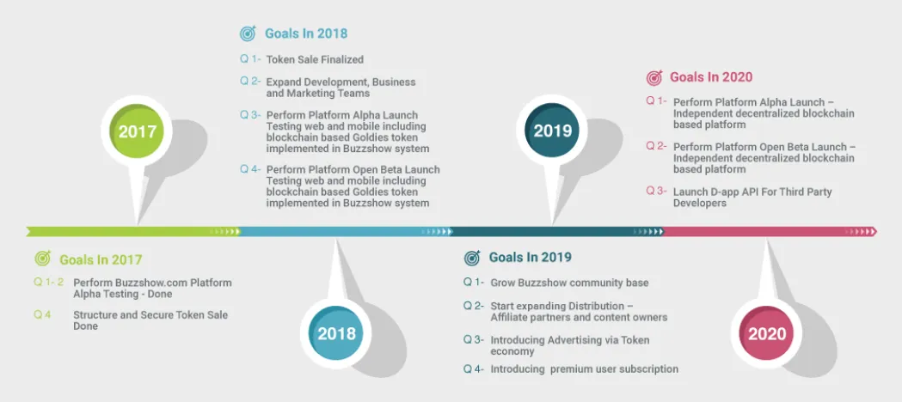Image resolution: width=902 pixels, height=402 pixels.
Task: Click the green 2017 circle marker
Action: coord(137,131)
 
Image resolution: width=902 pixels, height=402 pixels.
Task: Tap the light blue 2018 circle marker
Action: coord(336,333)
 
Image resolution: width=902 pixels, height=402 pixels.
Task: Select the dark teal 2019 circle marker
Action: coord(552,131)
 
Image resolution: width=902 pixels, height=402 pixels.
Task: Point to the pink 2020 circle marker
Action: coord(766,333)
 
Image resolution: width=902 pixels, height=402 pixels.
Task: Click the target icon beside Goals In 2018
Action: coord(248,33)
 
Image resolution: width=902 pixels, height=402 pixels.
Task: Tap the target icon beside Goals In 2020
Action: coord(654,77)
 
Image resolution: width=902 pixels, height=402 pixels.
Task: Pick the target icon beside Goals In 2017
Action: coord(43,259)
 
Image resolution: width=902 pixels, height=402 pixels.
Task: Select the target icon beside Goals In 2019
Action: coord(472,258)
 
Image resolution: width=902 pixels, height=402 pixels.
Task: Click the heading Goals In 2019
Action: coord(531,257)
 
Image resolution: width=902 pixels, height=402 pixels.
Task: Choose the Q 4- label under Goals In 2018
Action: coord(250,169)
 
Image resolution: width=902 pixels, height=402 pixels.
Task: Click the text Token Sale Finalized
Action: coord(315,60)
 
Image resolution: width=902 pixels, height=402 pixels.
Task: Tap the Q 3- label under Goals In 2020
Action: coord(656,191)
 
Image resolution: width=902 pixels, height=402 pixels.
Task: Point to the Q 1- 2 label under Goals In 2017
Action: coord(49,282)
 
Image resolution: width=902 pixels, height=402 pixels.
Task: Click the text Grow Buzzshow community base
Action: coord(569,283)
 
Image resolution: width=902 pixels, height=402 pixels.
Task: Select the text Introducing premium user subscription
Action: coord(585,368)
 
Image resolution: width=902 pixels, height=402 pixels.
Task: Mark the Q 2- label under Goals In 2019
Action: coord(474,305)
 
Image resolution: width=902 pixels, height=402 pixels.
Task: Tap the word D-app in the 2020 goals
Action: coord(727,192)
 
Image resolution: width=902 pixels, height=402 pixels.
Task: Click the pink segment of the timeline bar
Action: coord(770,231)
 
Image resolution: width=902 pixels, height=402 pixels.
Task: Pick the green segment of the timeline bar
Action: coord(133,231)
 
